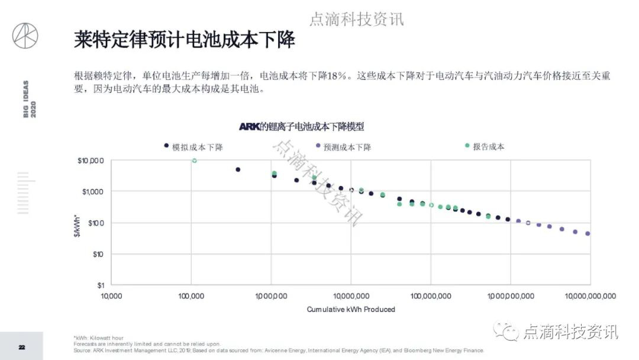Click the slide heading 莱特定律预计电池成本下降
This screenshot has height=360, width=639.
tap(184, 40)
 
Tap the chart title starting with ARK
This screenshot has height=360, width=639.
tap(301, 126)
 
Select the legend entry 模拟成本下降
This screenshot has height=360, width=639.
tap(198, 147)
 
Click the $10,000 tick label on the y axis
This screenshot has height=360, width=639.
tap(91, 160)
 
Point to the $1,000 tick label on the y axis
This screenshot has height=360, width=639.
tap(92, 192)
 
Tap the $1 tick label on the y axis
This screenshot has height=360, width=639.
tap(101, 285)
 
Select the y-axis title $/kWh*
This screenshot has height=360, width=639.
tap(74, 223)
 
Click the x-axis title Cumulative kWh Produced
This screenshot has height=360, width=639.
tap(351, 309)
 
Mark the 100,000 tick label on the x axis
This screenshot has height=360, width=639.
tap(191, 295)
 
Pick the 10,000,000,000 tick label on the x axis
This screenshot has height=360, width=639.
tap(590, 295)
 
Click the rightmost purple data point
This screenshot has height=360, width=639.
tap(588, 234)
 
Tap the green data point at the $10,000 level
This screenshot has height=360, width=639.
tap(194, 160)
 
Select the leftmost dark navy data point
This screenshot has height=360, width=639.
tap(238, 169)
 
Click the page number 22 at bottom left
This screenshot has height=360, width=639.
tap(21, 347)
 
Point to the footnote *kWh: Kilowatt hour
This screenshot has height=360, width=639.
tap(99, 337)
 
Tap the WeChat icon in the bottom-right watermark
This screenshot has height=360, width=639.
tap(508, 330)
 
